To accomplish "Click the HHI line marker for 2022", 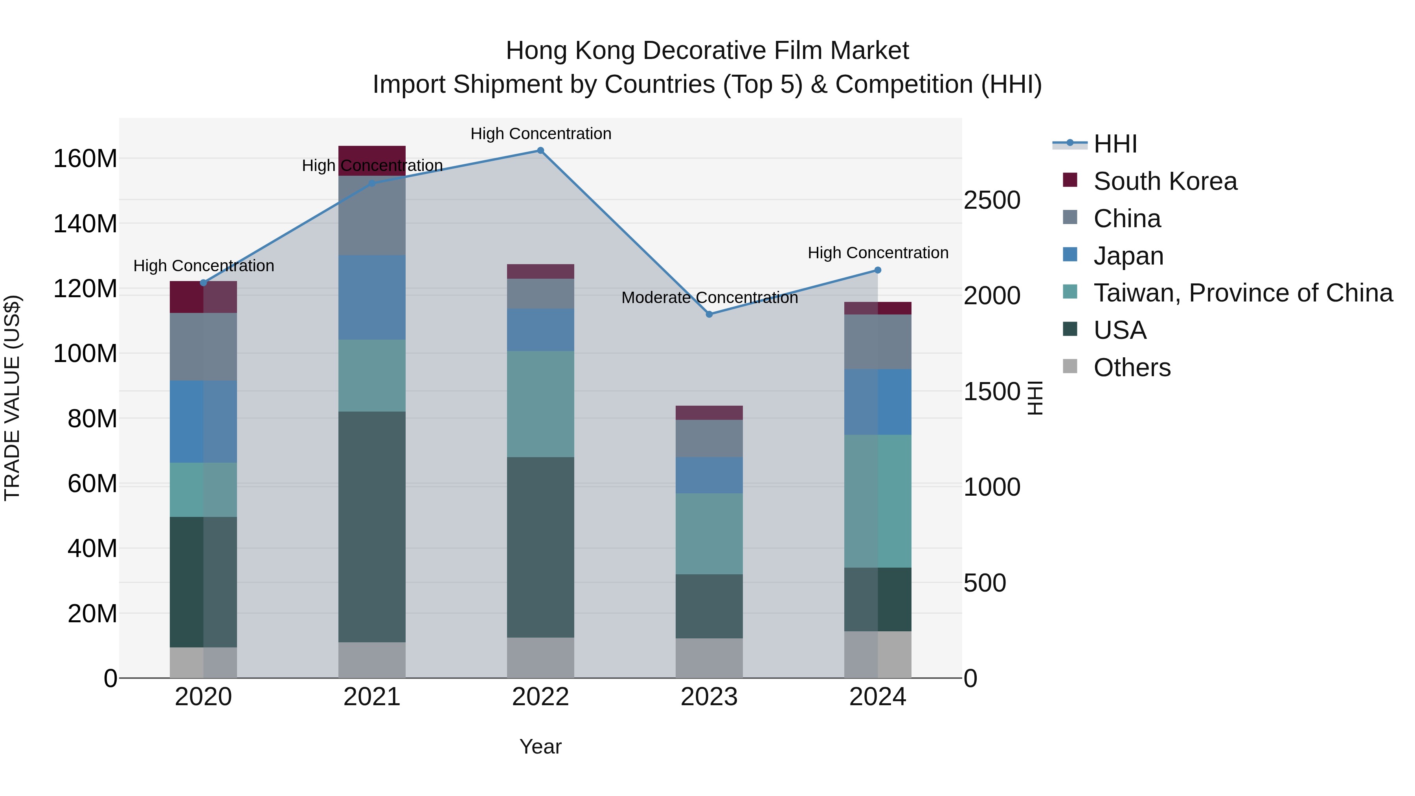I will coord(540,151).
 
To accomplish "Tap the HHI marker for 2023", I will coord(709,314).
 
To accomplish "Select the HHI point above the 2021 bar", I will coord(372,184).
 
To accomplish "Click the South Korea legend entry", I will coord(1165,181).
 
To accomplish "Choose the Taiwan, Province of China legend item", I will coord(1242,293).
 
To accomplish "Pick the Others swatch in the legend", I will coord(1070,366).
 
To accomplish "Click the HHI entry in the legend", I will coord(1115,144).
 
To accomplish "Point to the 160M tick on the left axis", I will coord(85,159).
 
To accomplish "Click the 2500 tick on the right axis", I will coord(992,200).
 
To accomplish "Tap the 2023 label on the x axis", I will coord(709,697).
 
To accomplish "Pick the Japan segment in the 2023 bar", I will coord(709,475).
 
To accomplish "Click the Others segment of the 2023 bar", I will coord(709,658).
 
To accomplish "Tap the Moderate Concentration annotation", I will coord(709,298).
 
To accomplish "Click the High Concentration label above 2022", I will coord(540,134).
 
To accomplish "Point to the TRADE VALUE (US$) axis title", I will coord(12,398).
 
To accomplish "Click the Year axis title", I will coord(540,746).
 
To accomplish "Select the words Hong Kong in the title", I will coord(571,51).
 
